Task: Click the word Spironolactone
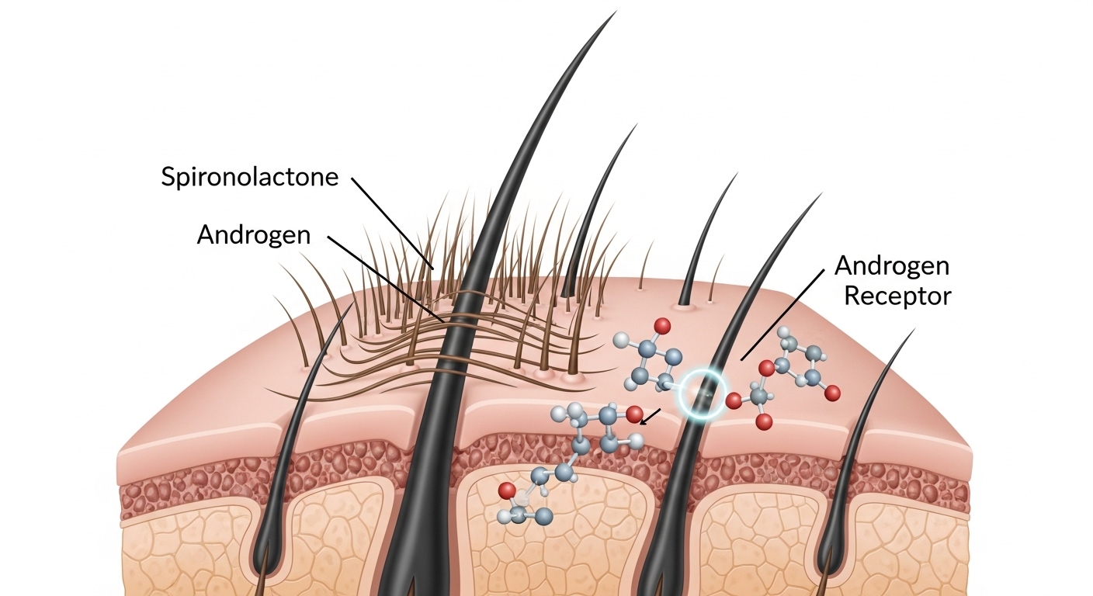tap(250, 177)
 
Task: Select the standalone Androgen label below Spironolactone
tap(253, 234)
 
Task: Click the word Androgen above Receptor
tap(891, 266)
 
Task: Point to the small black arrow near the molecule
tap(650, 418)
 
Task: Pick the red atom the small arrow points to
tap(633, 414)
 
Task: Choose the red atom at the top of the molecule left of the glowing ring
tap(662, 324)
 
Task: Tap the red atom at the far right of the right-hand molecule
tap(832, 394)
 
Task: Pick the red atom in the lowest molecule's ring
tap(506, 490)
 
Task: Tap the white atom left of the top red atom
tap(621, 340)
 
